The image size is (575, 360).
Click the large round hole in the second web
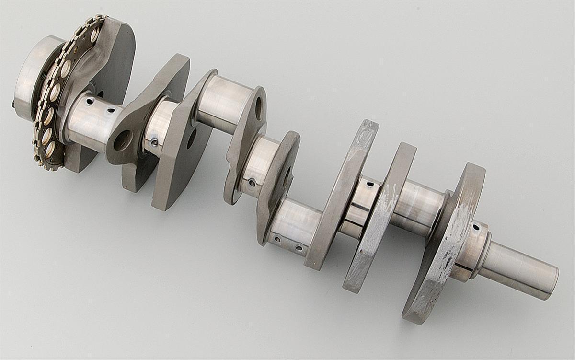pyautogui.click(x=123, y=140)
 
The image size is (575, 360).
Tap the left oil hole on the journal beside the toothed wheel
pyautogui.click(x=88, y=101)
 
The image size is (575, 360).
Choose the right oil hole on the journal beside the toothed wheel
pyautogui.click(x=111, y=111)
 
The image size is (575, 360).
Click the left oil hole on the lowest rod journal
pyautogui.click(x=276, y=238)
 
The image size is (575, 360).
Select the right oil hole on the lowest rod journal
pyautogui.click(x=299, y=248)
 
